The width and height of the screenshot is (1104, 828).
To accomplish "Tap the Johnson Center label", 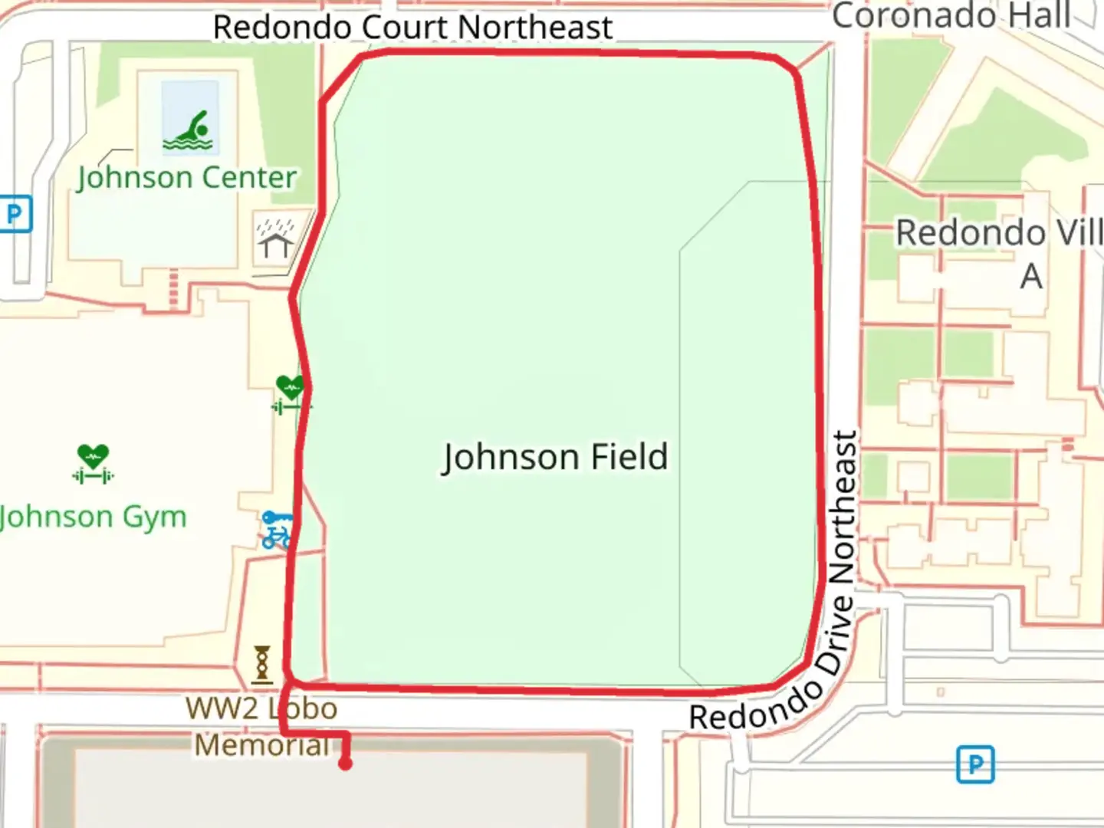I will (186, 178).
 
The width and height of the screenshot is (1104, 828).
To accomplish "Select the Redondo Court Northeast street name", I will (412, 28).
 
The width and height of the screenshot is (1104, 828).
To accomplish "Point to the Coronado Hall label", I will (951, 15).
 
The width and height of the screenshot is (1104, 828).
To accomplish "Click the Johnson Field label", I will (555, 457).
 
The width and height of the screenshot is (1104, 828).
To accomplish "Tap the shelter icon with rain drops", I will (274, 238).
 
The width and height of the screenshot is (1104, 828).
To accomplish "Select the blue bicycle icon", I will (276, 530).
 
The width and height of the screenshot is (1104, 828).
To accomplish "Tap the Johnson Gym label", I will (93, 517).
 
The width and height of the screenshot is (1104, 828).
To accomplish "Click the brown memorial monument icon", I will (262, 664).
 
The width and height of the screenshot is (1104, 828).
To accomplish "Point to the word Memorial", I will (261, 744).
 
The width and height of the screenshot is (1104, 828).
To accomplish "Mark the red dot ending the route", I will (345, 764).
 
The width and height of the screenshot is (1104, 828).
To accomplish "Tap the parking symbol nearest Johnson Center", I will (15, 214).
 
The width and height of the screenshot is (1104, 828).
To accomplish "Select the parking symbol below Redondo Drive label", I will (975, 764).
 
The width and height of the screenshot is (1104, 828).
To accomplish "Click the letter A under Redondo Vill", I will (1031, 276).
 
